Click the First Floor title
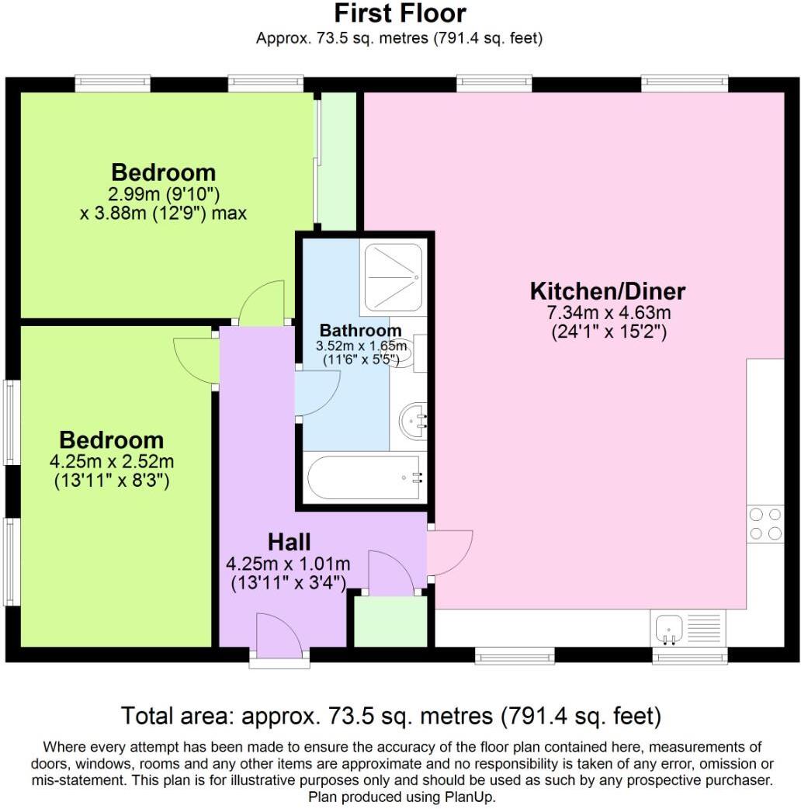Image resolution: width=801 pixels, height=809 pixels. (x=400, y=13)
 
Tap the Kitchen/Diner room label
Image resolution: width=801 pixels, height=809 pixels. (x=608, y=292)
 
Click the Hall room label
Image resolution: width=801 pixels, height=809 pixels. (x=290, y=541)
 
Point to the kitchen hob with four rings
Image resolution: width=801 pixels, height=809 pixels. (x=765, y=523)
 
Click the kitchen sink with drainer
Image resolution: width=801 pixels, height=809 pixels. (x=688, y=627)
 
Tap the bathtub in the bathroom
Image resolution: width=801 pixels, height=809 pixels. (x=364, y=478)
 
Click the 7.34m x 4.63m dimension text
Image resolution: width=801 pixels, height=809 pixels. (x=609, y=314)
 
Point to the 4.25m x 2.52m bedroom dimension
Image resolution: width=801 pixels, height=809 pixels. (x=112, y=462)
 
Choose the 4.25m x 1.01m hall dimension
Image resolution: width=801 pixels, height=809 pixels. (x=288, y=563)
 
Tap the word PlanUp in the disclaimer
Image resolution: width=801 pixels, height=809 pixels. (x=468, y=797)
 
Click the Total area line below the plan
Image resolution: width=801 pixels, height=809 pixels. (x=390, y=714)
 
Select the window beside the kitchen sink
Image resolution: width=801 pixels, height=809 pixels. (x=690, y=658)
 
